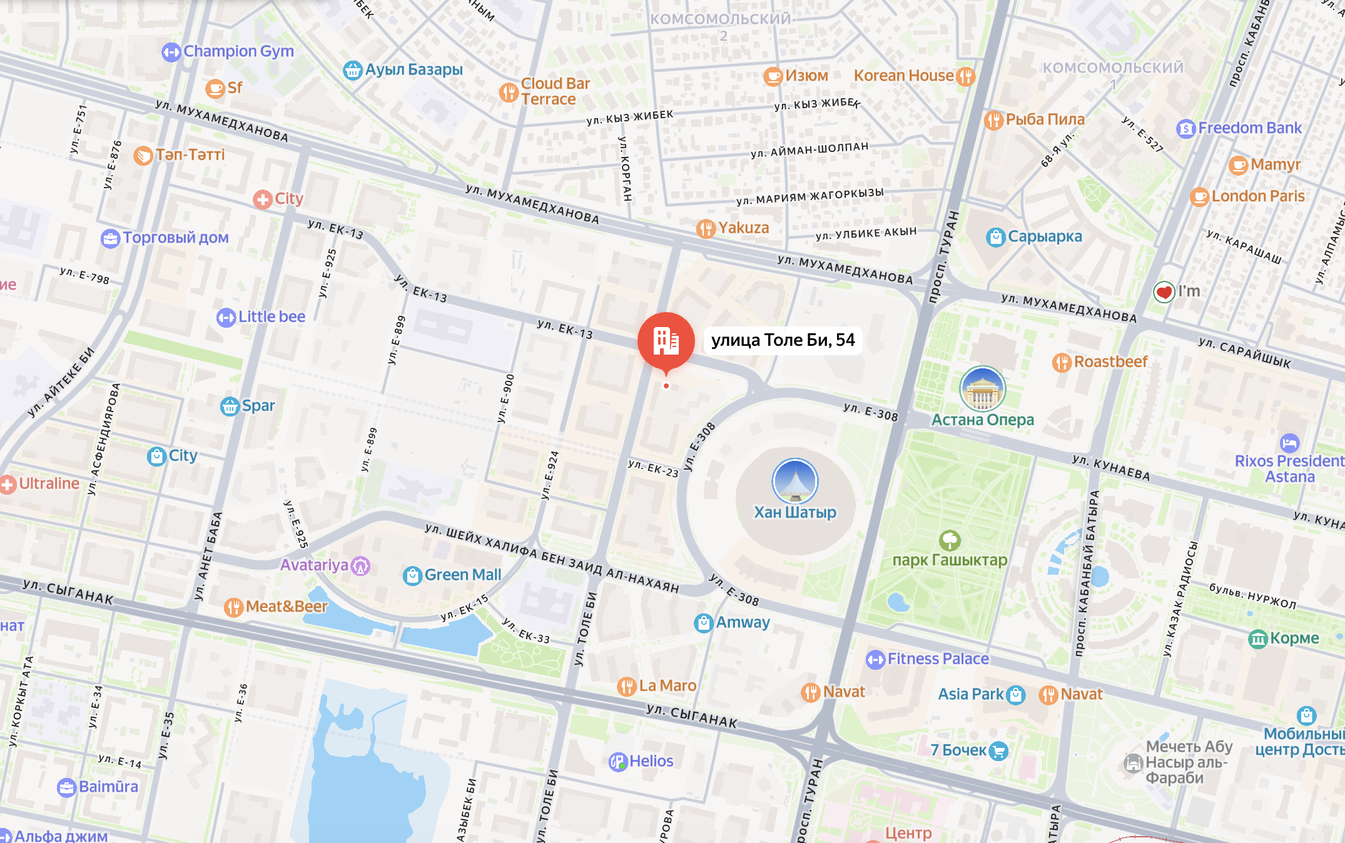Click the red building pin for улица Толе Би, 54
[x=666, y=340]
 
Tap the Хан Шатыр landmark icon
[x=794, y=481]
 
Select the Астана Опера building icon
[x=982, y=388]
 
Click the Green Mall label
[x=462, y=575]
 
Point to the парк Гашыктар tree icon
[x=950, y=540]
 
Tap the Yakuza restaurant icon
[x=706, y=228]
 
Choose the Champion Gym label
[x=238, y=51]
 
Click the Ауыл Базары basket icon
[x=353, y=70]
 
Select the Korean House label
[x=903, y=76]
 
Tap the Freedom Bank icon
[x=1185, y=129]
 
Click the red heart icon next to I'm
[x=1164, y=291]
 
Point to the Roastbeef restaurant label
[x=1110, y=361]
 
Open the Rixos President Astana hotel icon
[x=1289, y=443]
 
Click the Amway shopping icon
[x=703, y=623]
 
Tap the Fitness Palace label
[x=938, y=659]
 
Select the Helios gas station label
[x=651, y=761]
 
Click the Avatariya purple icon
[x=360, y=566]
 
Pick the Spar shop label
[x=258, y=406]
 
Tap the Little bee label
[x=272, y=317]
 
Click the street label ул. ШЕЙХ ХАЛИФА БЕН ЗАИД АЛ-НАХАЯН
[x=551, y=558]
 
